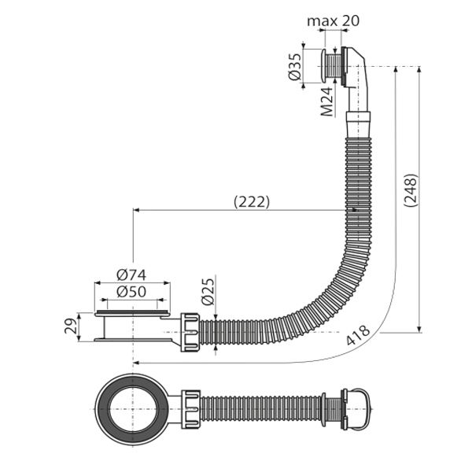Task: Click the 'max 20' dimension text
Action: pos(334,21)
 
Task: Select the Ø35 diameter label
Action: pos(295,67)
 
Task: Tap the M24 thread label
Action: pos(327,101)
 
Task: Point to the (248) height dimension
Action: pos(411,190)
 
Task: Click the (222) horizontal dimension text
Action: pos(252,202)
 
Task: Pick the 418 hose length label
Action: pos(358,335)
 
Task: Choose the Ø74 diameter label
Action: pos(131,275)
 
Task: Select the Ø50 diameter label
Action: pos(131,291)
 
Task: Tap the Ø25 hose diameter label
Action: pos(208,290)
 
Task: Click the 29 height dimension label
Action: pos(71,326)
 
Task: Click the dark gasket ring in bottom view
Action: pos(103,409)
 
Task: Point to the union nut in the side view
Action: pos(190,332)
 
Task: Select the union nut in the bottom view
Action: pos(190,409)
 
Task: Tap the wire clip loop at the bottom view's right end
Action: pos(366,409)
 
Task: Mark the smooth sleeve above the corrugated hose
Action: pos(358,124)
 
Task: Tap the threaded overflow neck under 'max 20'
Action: pos(333,66)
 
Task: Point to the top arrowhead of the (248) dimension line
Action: pos(419,70)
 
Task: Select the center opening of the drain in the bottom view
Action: pos(133,409)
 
